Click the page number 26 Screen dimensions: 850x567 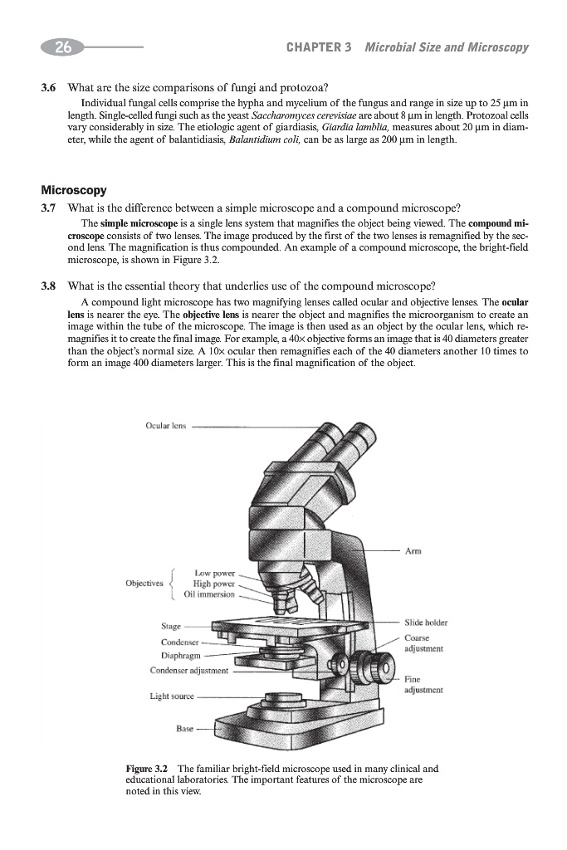click(x=62, y=47)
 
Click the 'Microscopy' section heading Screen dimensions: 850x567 click(x=71, y=191)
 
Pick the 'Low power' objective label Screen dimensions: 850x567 click(x=214, y=573)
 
